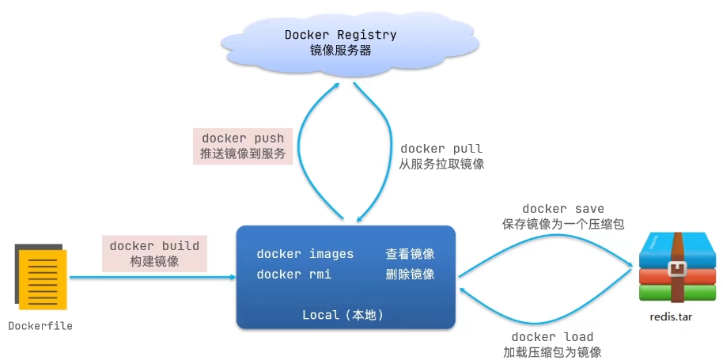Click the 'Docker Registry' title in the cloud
[340, 35]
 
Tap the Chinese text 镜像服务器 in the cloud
[340, 51]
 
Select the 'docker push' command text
[243, 138]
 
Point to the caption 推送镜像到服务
[243, 154]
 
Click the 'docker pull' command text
[441, 149]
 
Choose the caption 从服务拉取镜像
[441, 164]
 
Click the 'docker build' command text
[154, 246]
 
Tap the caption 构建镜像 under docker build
[154, 261]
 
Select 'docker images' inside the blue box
[305, 253]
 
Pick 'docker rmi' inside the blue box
[294, 275]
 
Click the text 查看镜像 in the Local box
[410, 253]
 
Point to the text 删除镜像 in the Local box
[410, 275]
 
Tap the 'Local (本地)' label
[343, 315]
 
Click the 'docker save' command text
[563, 209]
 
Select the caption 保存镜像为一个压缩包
[563, 225]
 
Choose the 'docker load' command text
[552, 336]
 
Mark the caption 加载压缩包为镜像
[552, 352]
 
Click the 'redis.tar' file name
[671, 317]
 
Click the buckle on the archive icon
[676, 270]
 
